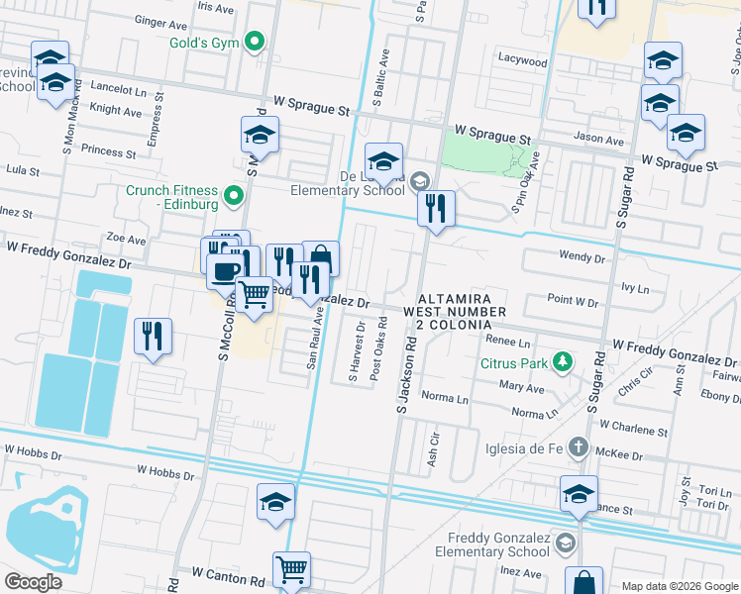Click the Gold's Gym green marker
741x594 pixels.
point(255,42)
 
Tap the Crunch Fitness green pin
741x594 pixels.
point(235,195)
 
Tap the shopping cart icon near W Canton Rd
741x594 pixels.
point(291,569)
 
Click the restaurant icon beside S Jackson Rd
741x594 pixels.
point(435,209)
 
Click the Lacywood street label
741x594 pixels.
point(523,61)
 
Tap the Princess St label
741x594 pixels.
point(109,152)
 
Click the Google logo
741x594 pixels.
point(33,582)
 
